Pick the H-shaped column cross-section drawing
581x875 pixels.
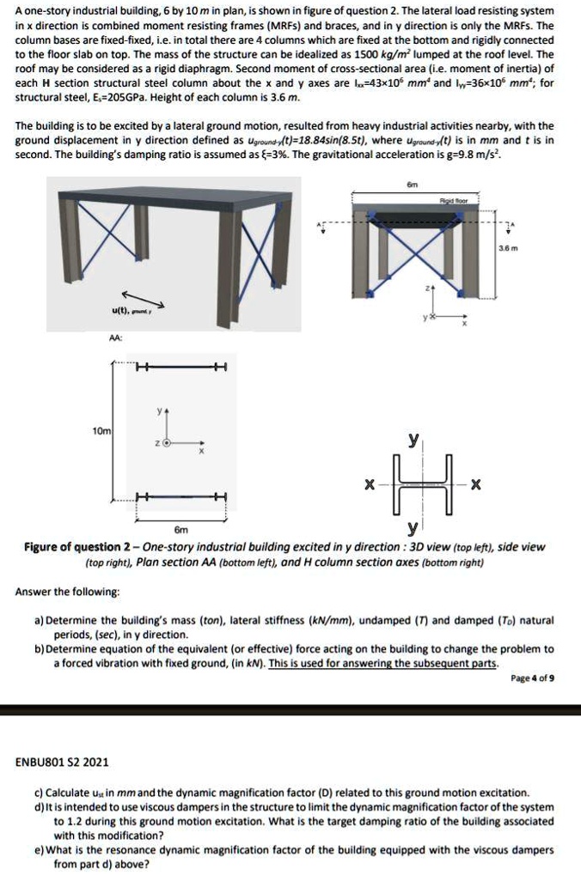click(x=419, y=484)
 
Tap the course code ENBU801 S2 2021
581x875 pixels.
click(x=63, y=762)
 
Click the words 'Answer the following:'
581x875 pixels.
click(x=68, y=591)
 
